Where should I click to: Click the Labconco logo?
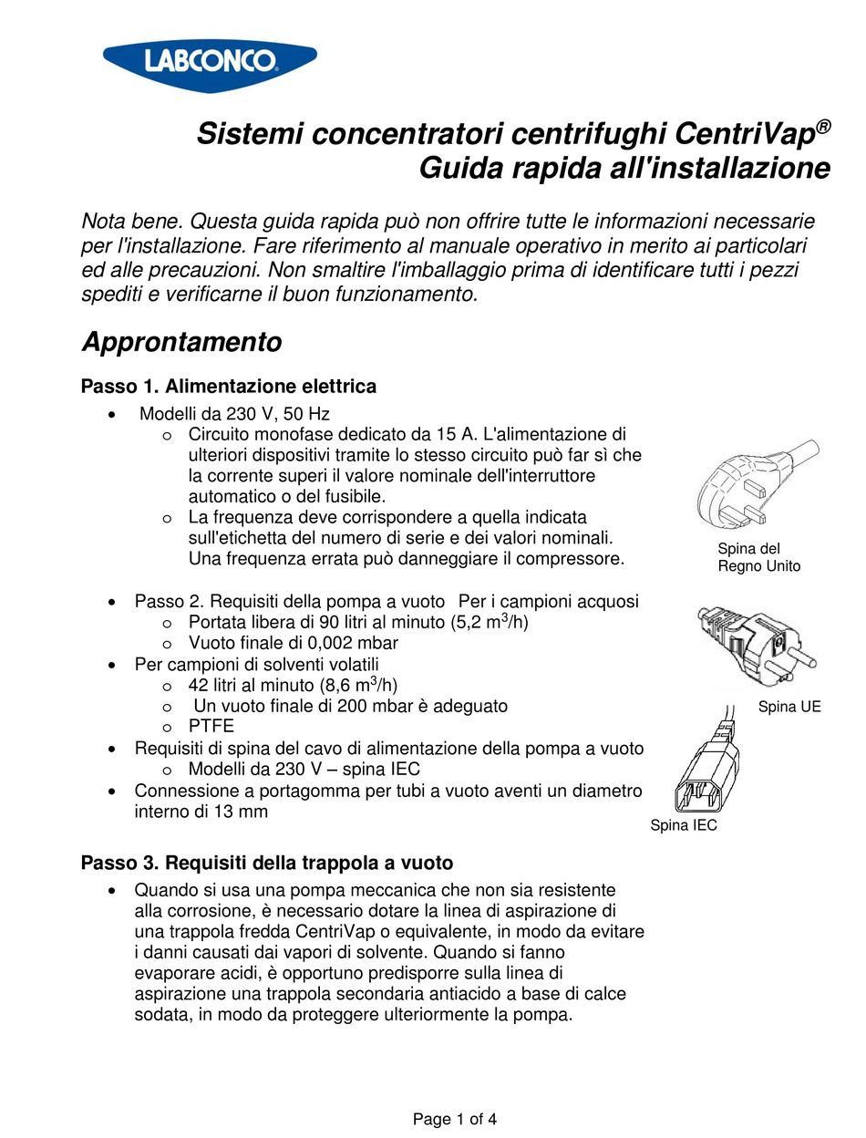pyautogui.click(x=210, y=60)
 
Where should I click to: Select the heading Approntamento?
pyautogui.click(x=181, y=343)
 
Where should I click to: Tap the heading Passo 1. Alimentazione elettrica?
pyautogui.click(x=228, y=387)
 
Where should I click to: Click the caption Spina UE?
pyautogui.click(x=789, y=707)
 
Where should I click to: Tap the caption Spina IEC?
pyautogui.click(x=683, y=825)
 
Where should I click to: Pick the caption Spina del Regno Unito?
pyautogui.click(x=758, y=557)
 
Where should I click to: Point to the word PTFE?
pyautogui.click(x=211, y=726)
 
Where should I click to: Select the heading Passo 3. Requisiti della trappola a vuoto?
pyautogui.click(x=267, y=862)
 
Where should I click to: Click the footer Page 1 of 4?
pyautogui.click(x=454, y=1119)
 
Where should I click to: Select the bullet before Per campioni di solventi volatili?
pyautogui.click(x=111, y=664)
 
